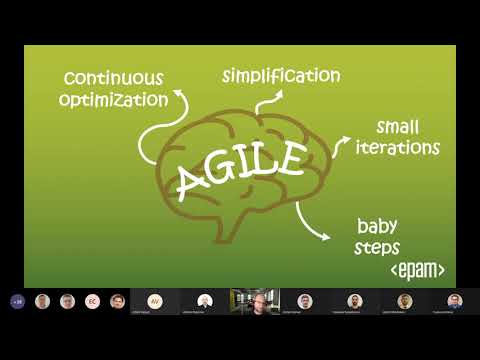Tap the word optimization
[113, 100]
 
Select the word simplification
[281, 76]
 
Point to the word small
[397, 127]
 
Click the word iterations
[397, 148]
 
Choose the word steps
[378, 247]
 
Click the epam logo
[416, 270]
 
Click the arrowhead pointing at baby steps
[324, 236]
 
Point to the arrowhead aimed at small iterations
[346, 141]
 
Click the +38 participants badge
[17, 301]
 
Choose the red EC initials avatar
[92, 301]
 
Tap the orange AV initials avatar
[155, 300]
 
